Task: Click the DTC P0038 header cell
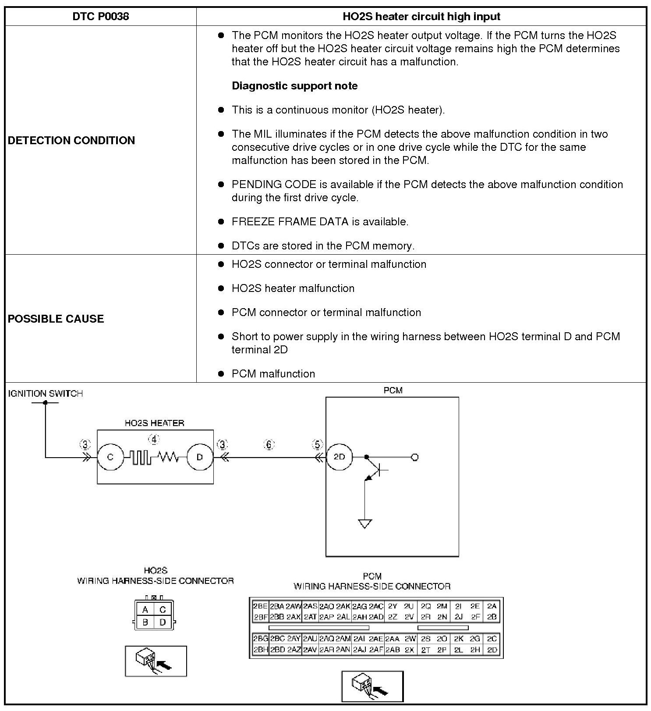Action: click(101, 17)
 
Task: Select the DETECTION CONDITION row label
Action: click(71, 140)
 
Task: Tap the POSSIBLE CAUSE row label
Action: click(56, 319)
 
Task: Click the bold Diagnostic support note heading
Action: click(294, 86)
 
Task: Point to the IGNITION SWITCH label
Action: click(46, 394)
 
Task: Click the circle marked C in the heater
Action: click(110, 457)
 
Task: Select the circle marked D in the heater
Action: click(200, 457)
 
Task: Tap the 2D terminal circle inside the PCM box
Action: click(340, 457)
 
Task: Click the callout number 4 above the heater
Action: click(154, 439)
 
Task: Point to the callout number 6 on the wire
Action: click(269, 445)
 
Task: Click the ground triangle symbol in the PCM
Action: click(365, 524)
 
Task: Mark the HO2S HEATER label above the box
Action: click(154, 423)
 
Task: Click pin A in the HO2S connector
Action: click(145, 610)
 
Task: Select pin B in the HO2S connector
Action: click(145, 622)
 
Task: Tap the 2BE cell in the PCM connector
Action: click(260, 606)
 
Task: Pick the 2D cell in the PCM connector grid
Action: click(492, 650)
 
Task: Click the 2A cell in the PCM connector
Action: click(492, 606)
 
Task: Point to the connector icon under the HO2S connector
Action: click(156, 661)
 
